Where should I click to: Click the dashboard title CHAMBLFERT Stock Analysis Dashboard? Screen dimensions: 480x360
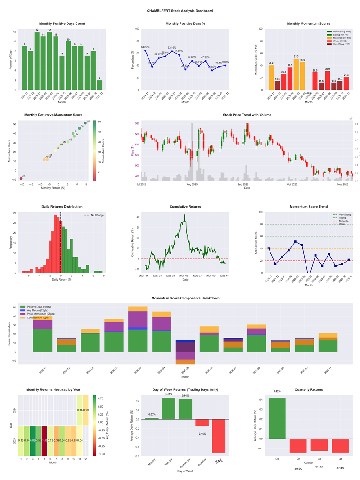point(180,11)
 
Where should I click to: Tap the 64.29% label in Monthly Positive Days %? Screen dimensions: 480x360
point(145,47)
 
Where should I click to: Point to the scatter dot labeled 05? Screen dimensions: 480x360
point(21,179)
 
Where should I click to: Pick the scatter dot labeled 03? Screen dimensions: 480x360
point(85,123)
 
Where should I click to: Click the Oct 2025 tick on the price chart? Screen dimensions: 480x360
point(292,184)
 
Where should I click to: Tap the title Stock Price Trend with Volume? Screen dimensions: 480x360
point(247,115)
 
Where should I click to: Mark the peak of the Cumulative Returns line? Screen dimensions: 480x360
point(184,215)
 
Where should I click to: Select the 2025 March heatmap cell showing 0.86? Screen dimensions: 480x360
point(33,440)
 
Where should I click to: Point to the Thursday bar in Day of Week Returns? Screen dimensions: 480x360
point(202,422)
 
